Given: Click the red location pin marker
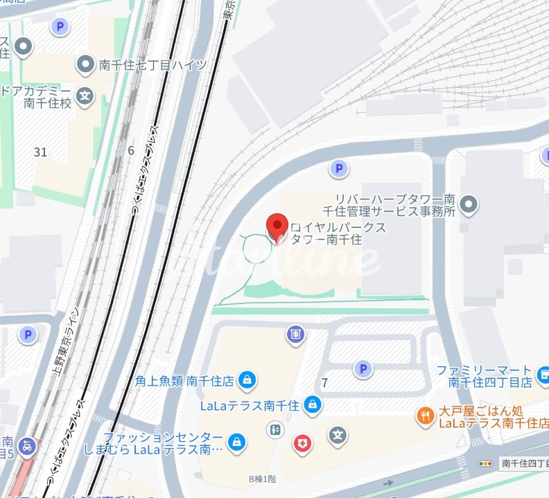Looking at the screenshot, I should pos(277,226).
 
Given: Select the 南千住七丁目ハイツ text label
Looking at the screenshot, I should pos(152,65).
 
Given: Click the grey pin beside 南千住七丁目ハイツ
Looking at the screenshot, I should pos(86,64).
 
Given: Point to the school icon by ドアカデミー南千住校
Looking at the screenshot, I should pos(85,96).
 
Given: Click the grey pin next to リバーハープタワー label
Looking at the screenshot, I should pos(469,204).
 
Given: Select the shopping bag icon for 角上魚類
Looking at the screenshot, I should pos(247,380).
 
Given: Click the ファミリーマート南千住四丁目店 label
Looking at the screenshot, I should pos(489,376).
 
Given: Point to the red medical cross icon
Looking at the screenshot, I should pos(302,444).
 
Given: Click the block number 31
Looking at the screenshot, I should pos(40,152).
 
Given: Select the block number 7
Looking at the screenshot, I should pos(324,383).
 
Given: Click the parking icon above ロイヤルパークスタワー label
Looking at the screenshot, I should pos(338,168).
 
